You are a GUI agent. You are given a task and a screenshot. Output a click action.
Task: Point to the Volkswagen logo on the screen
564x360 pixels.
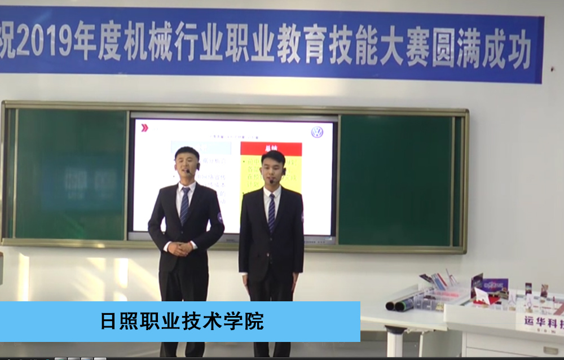tap(318, 132)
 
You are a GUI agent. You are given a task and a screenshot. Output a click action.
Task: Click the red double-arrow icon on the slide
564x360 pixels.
tap(145, 128)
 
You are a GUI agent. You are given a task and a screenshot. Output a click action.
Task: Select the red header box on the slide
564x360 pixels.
tap(271, 148)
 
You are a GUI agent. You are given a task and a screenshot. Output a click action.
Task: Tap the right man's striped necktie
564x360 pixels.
tap(272, 212)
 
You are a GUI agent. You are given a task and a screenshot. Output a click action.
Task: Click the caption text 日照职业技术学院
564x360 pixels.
tap(182, 322)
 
